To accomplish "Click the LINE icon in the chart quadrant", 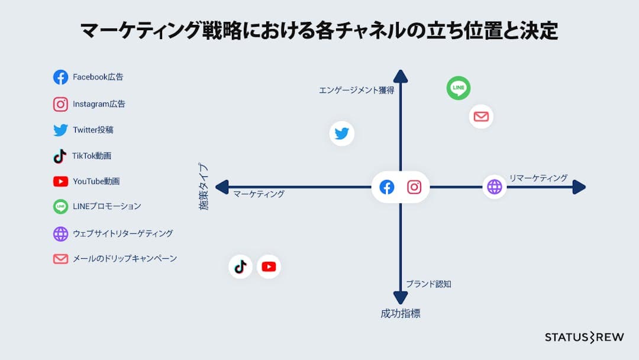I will pos(459,88).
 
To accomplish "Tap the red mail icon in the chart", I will pos(481,116).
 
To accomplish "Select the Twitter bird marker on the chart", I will pos(342,133).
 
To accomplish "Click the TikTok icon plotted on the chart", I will pos(240,266).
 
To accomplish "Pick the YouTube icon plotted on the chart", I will pos(269,266).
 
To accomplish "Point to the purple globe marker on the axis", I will pos(494,187).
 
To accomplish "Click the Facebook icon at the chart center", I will pos(386,187).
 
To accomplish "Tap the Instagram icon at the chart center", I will pos(414,187).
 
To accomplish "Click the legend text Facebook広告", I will pos(98,77).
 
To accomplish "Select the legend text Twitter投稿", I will pos(93,130).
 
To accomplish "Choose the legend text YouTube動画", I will pos(96,181).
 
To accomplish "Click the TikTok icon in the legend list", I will pos(60,156).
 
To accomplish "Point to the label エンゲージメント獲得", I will pos(356,91).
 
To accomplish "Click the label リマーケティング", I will pos(538,178).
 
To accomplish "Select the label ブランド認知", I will pos(428,284).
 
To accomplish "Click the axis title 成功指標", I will pos(401,314).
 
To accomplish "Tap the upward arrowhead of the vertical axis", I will pos(401,76).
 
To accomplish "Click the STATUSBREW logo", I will pos(584,337).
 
